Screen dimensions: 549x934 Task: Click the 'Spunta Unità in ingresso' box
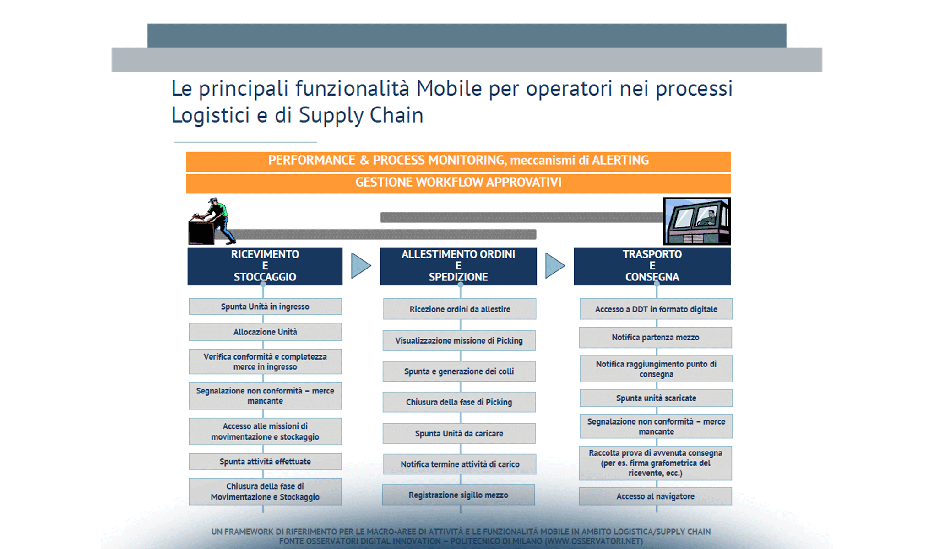265,307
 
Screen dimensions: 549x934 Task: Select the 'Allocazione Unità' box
265,332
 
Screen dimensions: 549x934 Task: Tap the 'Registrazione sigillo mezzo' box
458,495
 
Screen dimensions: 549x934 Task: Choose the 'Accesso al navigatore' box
655,496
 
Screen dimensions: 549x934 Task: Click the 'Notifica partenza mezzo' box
655,338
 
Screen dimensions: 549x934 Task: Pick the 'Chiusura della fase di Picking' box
459,402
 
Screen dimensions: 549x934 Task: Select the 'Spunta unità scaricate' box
656,398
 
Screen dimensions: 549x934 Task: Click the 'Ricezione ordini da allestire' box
460,309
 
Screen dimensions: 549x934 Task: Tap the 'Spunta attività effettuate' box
265,462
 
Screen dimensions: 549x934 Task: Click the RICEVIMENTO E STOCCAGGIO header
265,266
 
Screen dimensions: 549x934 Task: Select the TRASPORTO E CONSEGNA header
652,266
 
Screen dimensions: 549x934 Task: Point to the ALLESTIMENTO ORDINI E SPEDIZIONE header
458,266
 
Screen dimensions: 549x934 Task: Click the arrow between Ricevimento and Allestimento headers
360,266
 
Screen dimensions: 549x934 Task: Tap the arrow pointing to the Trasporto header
554,266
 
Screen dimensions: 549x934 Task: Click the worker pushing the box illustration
212,221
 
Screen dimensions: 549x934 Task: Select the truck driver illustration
697,221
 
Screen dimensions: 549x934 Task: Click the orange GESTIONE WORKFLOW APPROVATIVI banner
458,183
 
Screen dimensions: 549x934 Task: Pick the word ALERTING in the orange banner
620,161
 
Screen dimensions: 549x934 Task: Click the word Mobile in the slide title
449,89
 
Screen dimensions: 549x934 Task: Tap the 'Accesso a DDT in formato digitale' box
656,309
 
